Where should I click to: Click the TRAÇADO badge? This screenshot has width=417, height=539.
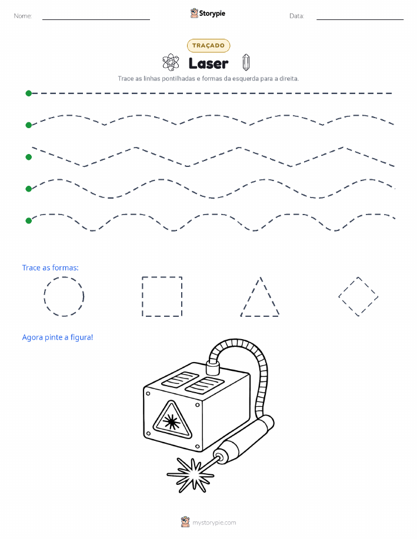tap(208, 45)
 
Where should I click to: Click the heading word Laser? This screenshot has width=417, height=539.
tap(208, 63)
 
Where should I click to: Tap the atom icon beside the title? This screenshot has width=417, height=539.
tap(171, 62)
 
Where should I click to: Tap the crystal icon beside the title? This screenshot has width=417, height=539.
tap(246, 62)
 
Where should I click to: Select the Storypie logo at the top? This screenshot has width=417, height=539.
tap(208, 14)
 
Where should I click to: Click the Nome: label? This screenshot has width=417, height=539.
tap(23, 16)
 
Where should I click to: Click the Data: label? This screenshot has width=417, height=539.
tap(296, 16)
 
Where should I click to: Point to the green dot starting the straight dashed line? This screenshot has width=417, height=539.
tap(29, 93)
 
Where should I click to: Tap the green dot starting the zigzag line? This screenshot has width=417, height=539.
tap(29, 157)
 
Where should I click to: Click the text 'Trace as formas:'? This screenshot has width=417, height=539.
tap(50, 268)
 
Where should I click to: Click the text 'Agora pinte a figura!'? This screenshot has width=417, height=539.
tap(58, 337)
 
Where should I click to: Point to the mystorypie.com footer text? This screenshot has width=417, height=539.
tap(214, 523)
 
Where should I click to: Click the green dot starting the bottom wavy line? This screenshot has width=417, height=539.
tap(29, 220)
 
